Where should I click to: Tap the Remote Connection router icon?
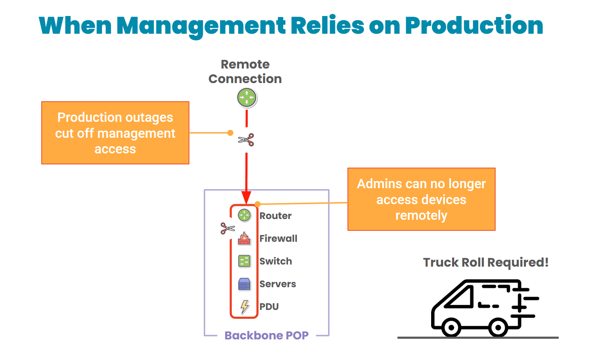click(x=247, y=98)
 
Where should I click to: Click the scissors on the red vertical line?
click(x=246, y=140)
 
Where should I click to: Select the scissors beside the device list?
click(x=228, y=228)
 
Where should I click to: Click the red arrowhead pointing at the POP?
click(x=246, y=197)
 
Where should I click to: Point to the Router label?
click(x=275, y=216)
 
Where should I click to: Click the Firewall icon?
click(x=244, y=238)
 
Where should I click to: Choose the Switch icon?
click(x=244, y=261)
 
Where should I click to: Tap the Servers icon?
click(x=244, y=284)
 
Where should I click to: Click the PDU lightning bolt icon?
click(x=245, y=306)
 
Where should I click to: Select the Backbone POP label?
click(x=266, y=336)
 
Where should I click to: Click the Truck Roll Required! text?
click(x=485, y=263)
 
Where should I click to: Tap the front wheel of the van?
click(x=451, y=327)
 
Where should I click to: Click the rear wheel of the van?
click(x=498, y=327)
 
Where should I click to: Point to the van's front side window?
click(x=459, y=297)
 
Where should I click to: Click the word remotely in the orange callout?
click(x=421, y=216)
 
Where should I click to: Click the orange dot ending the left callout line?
click(x=230, y=133)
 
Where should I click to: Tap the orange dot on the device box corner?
click(x=258, y=204)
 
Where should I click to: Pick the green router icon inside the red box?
click(x=244, y=215)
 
